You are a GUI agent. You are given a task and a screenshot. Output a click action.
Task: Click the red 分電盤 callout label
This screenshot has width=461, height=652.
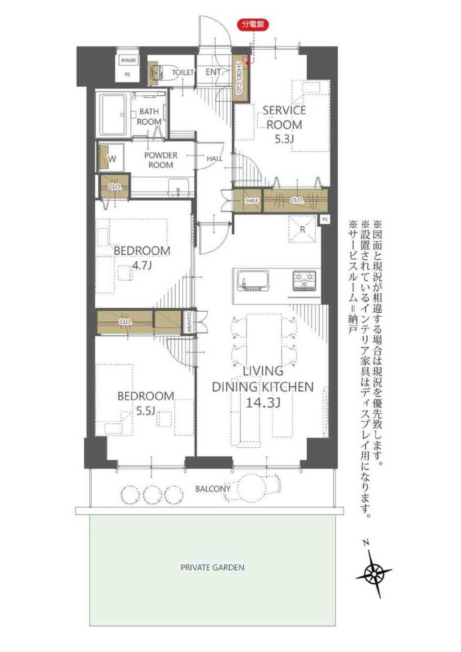253,25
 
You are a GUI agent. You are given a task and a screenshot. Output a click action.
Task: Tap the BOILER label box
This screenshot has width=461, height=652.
128,60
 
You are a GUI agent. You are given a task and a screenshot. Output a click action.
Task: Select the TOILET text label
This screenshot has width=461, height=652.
182,72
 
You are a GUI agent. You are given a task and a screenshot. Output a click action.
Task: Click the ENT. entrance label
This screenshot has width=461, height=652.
213,72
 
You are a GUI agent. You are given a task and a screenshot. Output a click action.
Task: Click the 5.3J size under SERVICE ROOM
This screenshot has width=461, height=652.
284,140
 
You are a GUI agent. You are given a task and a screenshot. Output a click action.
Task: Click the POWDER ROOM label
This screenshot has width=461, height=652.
160,160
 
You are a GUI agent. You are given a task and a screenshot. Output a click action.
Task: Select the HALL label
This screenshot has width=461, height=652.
214,159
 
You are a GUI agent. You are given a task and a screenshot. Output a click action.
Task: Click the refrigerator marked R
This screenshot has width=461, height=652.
303,229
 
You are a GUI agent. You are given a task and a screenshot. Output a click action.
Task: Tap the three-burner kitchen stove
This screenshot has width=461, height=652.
304,281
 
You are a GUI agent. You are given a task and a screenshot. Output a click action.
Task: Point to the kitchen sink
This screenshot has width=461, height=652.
252,281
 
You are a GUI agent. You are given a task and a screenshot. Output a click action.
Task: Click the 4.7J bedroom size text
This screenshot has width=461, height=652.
142,266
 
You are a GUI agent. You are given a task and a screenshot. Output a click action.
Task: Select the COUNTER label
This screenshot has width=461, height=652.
188,322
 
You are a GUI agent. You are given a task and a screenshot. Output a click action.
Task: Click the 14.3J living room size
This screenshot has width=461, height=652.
263,403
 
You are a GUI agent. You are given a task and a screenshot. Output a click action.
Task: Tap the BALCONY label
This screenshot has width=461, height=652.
213,488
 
